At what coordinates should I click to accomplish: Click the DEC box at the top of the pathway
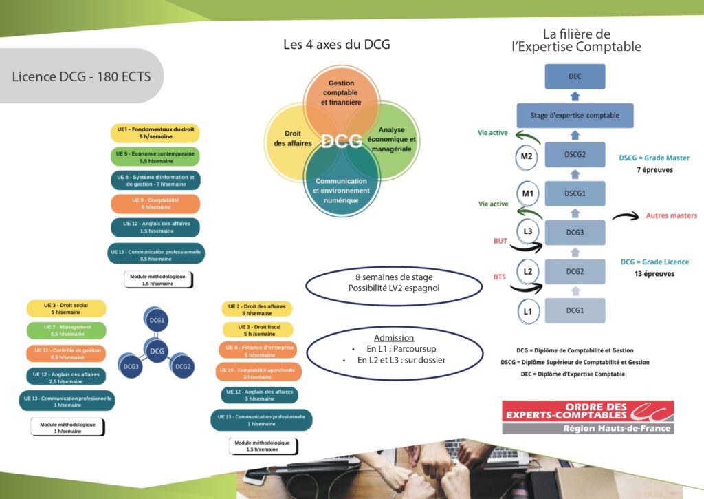[575, 76]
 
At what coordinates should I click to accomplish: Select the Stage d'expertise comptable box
[575, 115]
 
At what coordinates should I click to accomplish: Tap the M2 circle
[527, 156]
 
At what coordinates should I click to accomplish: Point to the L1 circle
[527, 311]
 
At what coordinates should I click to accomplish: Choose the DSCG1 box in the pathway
[575, 194]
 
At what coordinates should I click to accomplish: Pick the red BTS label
[499, 277]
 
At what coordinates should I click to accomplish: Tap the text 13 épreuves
[654, 274]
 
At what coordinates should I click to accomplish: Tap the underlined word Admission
[393, 338]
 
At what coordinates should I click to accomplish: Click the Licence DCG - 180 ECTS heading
[81, 76]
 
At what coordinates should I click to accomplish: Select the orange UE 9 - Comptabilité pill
[155, 204]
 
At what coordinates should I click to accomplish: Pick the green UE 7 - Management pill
[67, 330]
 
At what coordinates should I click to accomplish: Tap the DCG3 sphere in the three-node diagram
[131, 366]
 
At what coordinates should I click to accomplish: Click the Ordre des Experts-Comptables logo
[587, 416]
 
